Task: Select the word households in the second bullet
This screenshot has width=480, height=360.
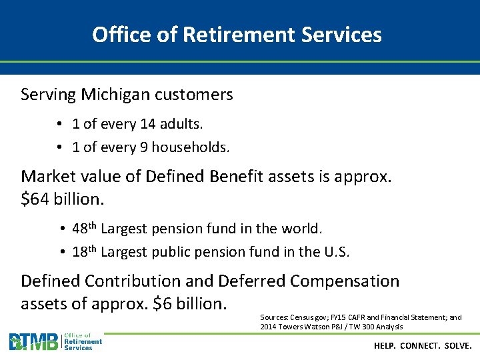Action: [190, 147]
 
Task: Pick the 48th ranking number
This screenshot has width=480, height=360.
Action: [84, 229]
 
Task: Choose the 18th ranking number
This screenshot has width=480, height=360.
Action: [84, 252]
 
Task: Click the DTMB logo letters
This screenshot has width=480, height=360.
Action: [33, 342]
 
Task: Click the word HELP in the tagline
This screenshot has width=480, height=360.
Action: [385, 346]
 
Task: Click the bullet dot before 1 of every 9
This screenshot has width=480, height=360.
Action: [59, 147]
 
